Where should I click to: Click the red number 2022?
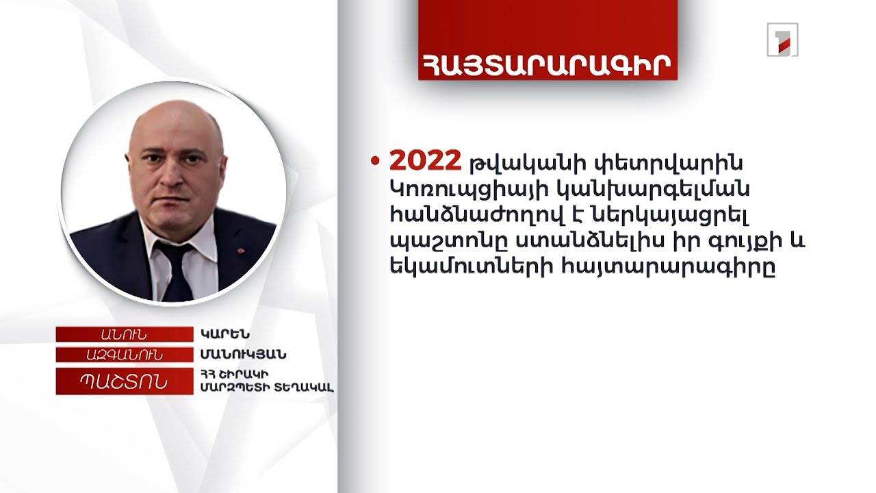tap(425, 162)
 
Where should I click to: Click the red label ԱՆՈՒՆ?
tap(124, 334)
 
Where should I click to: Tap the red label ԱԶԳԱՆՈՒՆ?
tap(124, 355)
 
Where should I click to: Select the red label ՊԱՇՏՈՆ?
tap(124, 381)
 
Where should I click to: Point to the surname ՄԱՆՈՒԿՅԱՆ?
tap(244, 355)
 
